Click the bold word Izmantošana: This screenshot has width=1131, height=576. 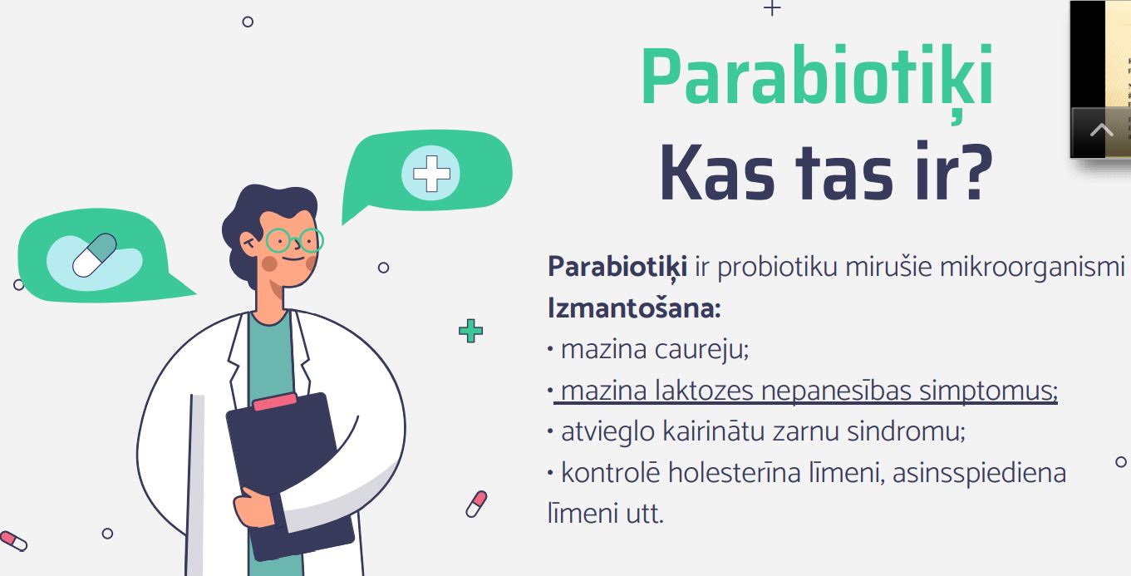pyautogui.click(x=634, y=308)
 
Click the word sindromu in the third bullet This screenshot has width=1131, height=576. pyautogui.click(x=906, y=431)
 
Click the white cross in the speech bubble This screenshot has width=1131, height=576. pyautogui.click(x=431, y=173)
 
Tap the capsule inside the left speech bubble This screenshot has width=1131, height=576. pyautogui.click(x=95, y=255)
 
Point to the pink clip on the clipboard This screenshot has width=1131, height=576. pyautogui.click(x=275, y=401)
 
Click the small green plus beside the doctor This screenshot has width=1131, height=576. pyautogui.click(x=470, y=331)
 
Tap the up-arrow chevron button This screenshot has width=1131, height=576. pyautogui.click(x=1101, y=130)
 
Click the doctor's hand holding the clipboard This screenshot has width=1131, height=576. pyautogui.click(x=253, y=509)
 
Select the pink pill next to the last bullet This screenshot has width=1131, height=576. pyautogui.click(x=476, y=504)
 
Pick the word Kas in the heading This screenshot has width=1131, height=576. pyautogui.click(x=717, y=173)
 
